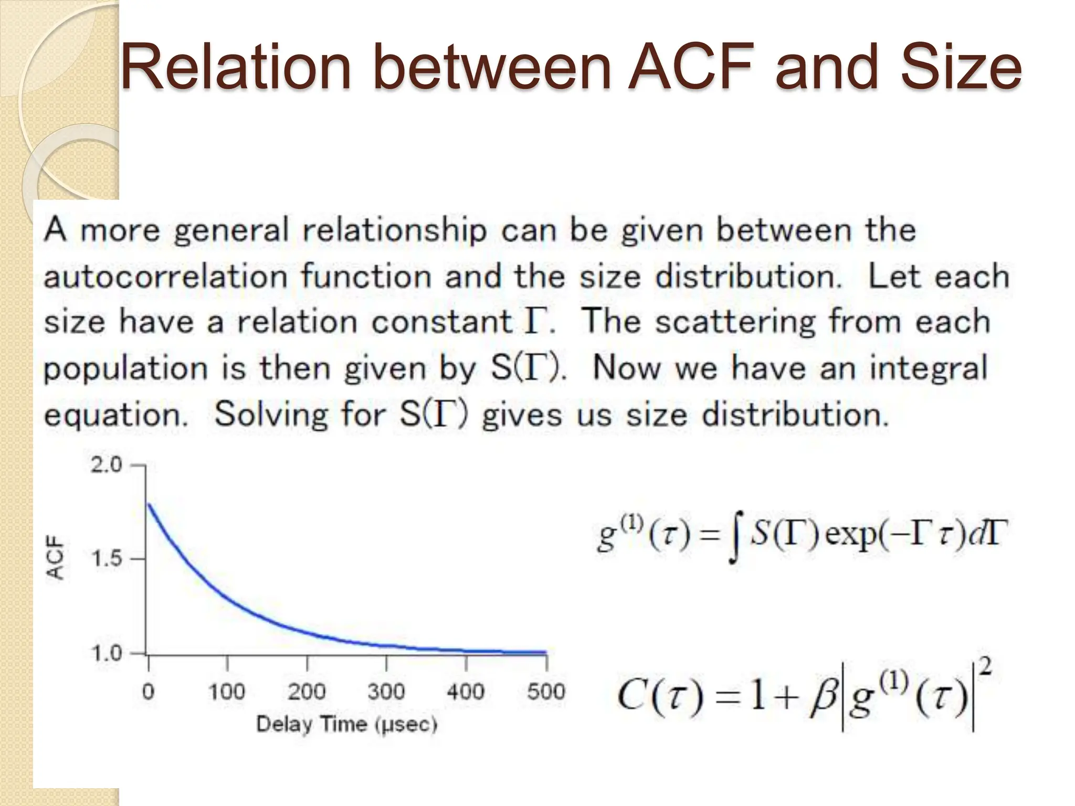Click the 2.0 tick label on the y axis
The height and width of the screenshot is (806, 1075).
[106, 465]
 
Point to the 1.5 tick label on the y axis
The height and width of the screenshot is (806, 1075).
[107, 559]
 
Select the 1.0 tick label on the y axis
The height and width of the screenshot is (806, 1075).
[107, 653]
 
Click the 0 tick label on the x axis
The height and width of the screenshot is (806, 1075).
[149, 692]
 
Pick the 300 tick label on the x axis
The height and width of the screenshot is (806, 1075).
[386, 692]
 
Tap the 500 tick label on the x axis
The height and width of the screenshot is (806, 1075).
[546, 692]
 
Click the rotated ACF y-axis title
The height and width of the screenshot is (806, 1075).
[56, 557]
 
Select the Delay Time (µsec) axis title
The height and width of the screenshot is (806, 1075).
[346, 725]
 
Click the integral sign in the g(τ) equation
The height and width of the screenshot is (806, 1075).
[736, 538]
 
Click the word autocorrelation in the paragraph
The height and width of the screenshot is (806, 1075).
[165, 277]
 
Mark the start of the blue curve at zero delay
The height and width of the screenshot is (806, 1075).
[149, 505]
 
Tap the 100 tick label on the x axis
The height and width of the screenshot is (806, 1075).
[227, 692]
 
